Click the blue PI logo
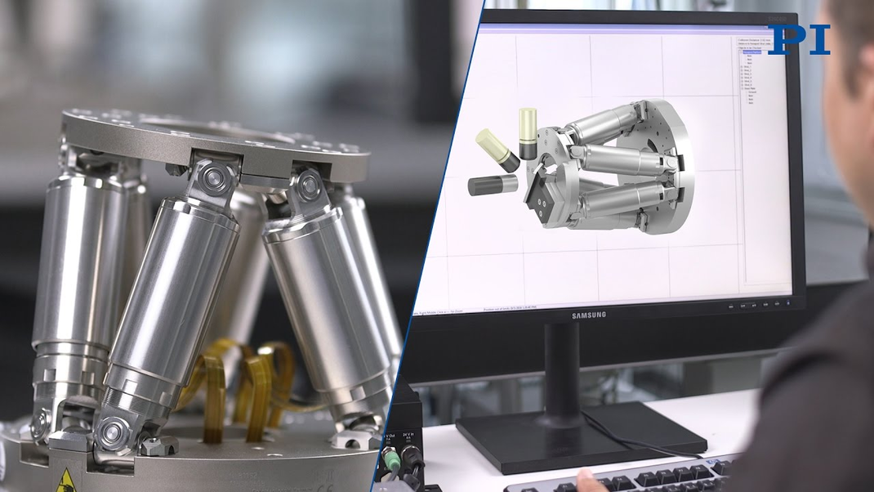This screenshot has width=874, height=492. [x=798, y=39]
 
